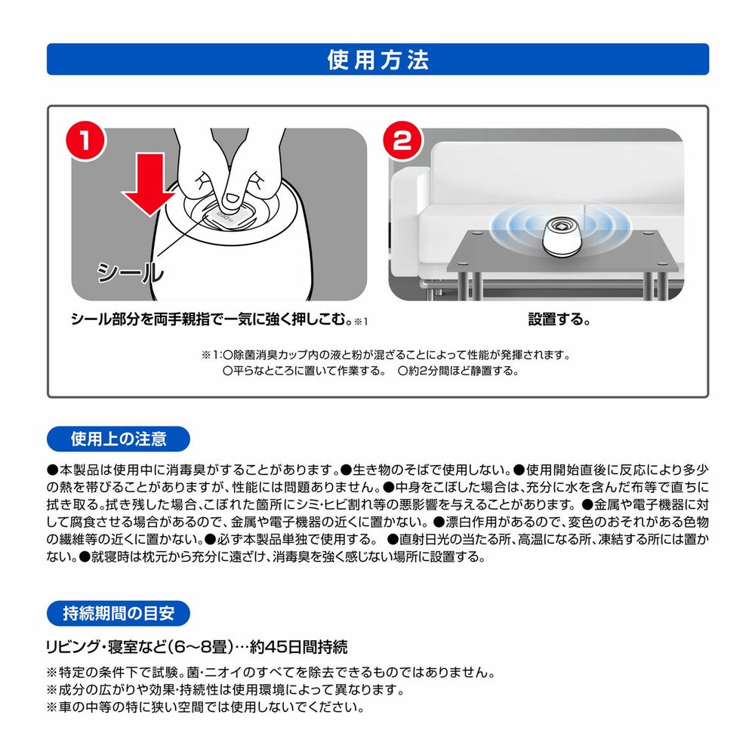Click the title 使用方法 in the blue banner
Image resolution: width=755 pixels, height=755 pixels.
tap(377, 59)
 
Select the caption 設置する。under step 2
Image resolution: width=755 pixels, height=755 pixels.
tap(558, 319)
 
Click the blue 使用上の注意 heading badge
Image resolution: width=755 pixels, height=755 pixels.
tap(119, 438)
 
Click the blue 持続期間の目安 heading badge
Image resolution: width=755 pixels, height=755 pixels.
tap(119, 612)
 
